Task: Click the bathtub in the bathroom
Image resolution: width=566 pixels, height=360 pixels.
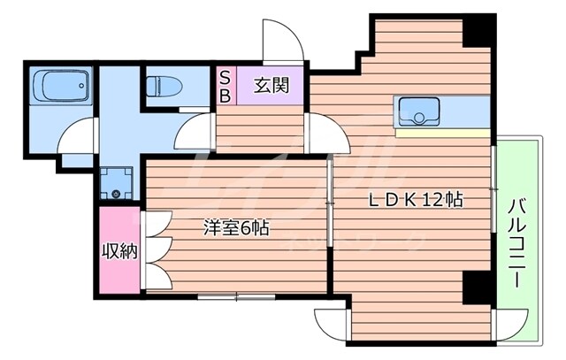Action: click(x=59, y=88)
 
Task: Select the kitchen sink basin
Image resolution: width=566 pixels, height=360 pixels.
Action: click(x=415, y=111)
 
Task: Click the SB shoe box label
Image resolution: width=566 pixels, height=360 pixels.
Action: click(x=225, y=87)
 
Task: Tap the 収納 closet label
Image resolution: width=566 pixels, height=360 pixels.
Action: click(x=119, y=251)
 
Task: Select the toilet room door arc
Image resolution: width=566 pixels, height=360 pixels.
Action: click(x=193, y=133)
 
